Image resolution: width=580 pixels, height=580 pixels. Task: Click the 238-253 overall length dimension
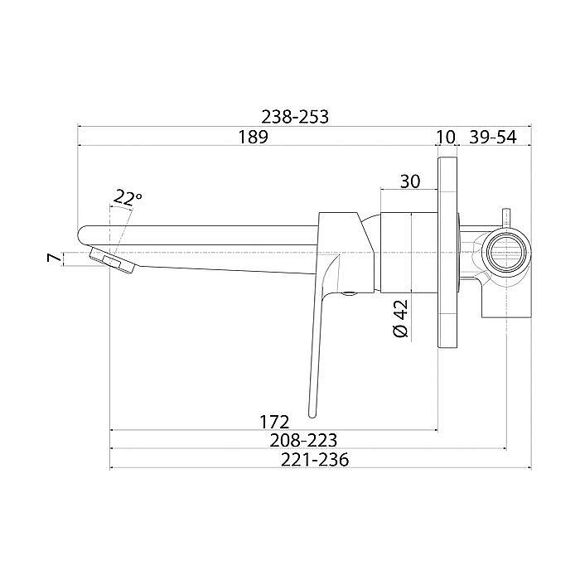295,118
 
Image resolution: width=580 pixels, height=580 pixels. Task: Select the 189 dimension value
253,137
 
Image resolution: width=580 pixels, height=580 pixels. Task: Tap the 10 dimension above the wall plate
446,138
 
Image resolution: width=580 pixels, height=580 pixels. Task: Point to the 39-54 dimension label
493,138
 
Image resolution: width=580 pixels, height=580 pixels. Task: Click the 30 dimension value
410,181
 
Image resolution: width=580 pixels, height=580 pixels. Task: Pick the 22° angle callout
127,198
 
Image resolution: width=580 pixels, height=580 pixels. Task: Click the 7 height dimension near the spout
54,258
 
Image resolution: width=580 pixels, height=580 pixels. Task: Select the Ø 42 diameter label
401,317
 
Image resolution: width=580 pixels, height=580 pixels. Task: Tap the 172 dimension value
274,422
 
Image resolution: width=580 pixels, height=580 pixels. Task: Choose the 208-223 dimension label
303,441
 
